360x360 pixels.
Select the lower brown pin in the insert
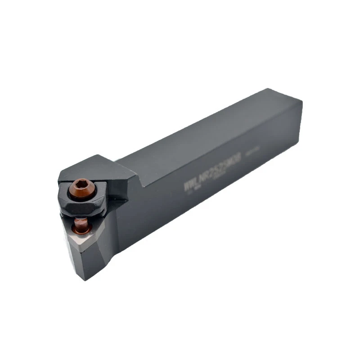pyautogui.click(x=82, y=225)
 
